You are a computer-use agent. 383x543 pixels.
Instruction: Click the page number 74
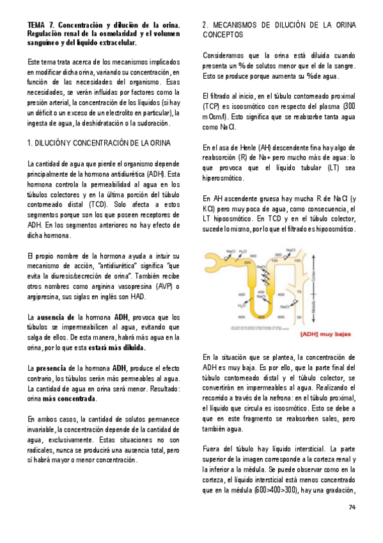pyautogui.click(x=352, y=508)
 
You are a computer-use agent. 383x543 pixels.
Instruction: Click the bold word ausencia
pyautogui.click(x=56, y=318)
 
